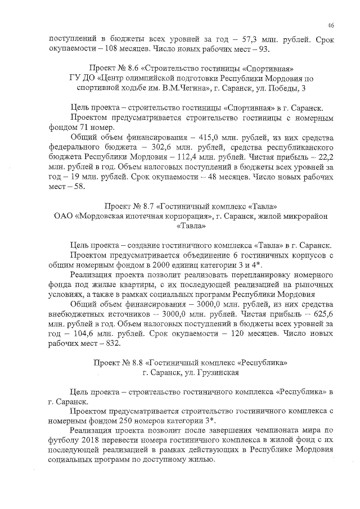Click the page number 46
[331, 25]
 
